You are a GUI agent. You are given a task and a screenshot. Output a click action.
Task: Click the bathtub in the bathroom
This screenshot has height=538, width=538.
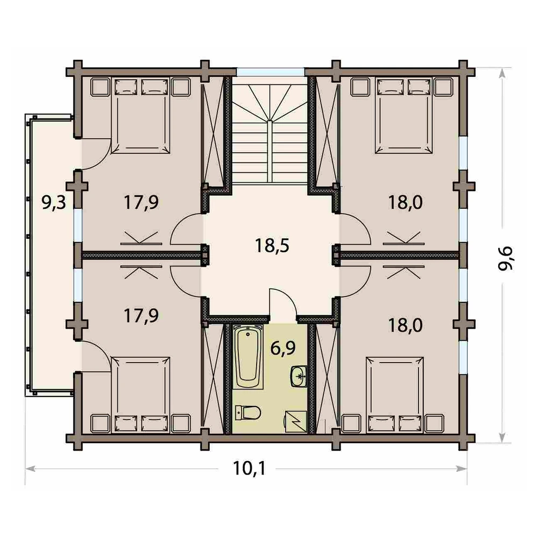[x=248, y=357]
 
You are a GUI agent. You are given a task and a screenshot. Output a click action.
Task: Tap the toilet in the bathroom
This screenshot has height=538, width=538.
[x=248, y=413]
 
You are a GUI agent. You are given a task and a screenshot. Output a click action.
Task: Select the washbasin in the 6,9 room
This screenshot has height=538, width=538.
[x=299, y=377]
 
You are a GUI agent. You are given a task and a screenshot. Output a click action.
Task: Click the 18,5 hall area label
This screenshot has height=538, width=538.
[x=272, y=246]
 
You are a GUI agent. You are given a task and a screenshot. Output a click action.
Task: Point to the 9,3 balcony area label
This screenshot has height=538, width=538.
[x=53, y=202]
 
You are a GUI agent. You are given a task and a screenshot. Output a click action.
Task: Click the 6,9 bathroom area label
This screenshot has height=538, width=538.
[x=283, y=349]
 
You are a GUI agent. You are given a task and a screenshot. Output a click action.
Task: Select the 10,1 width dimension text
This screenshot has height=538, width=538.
[x=249, y=468]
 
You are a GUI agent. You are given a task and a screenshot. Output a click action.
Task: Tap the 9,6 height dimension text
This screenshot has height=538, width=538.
[x=506, y=258]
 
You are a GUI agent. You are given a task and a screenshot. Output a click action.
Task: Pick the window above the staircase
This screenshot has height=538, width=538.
[x=271, y=72]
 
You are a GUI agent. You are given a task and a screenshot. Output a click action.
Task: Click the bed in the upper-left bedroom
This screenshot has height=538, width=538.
[x=140, y=115]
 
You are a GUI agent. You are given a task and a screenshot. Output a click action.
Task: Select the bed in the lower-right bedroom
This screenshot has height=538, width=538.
[x=394, y=395]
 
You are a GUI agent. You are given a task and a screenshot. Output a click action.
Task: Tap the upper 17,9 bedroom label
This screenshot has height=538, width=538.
[x=141, y=202]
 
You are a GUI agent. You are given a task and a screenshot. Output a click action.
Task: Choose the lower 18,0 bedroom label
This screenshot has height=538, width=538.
[x=405, y=325]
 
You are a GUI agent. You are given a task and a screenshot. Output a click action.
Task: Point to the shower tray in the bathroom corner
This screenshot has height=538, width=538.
[x=296, y=422]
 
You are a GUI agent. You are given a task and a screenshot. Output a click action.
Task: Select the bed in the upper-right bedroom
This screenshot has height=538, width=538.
[x=404, y=115]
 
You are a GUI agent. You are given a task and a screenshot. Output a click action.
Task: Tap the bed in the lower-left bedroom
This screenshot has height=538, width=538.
[x=140, y=395]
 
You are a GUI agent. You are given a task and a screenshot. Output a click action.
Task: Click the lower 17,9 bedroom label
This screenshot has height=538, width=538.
[x=141, y=316]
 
